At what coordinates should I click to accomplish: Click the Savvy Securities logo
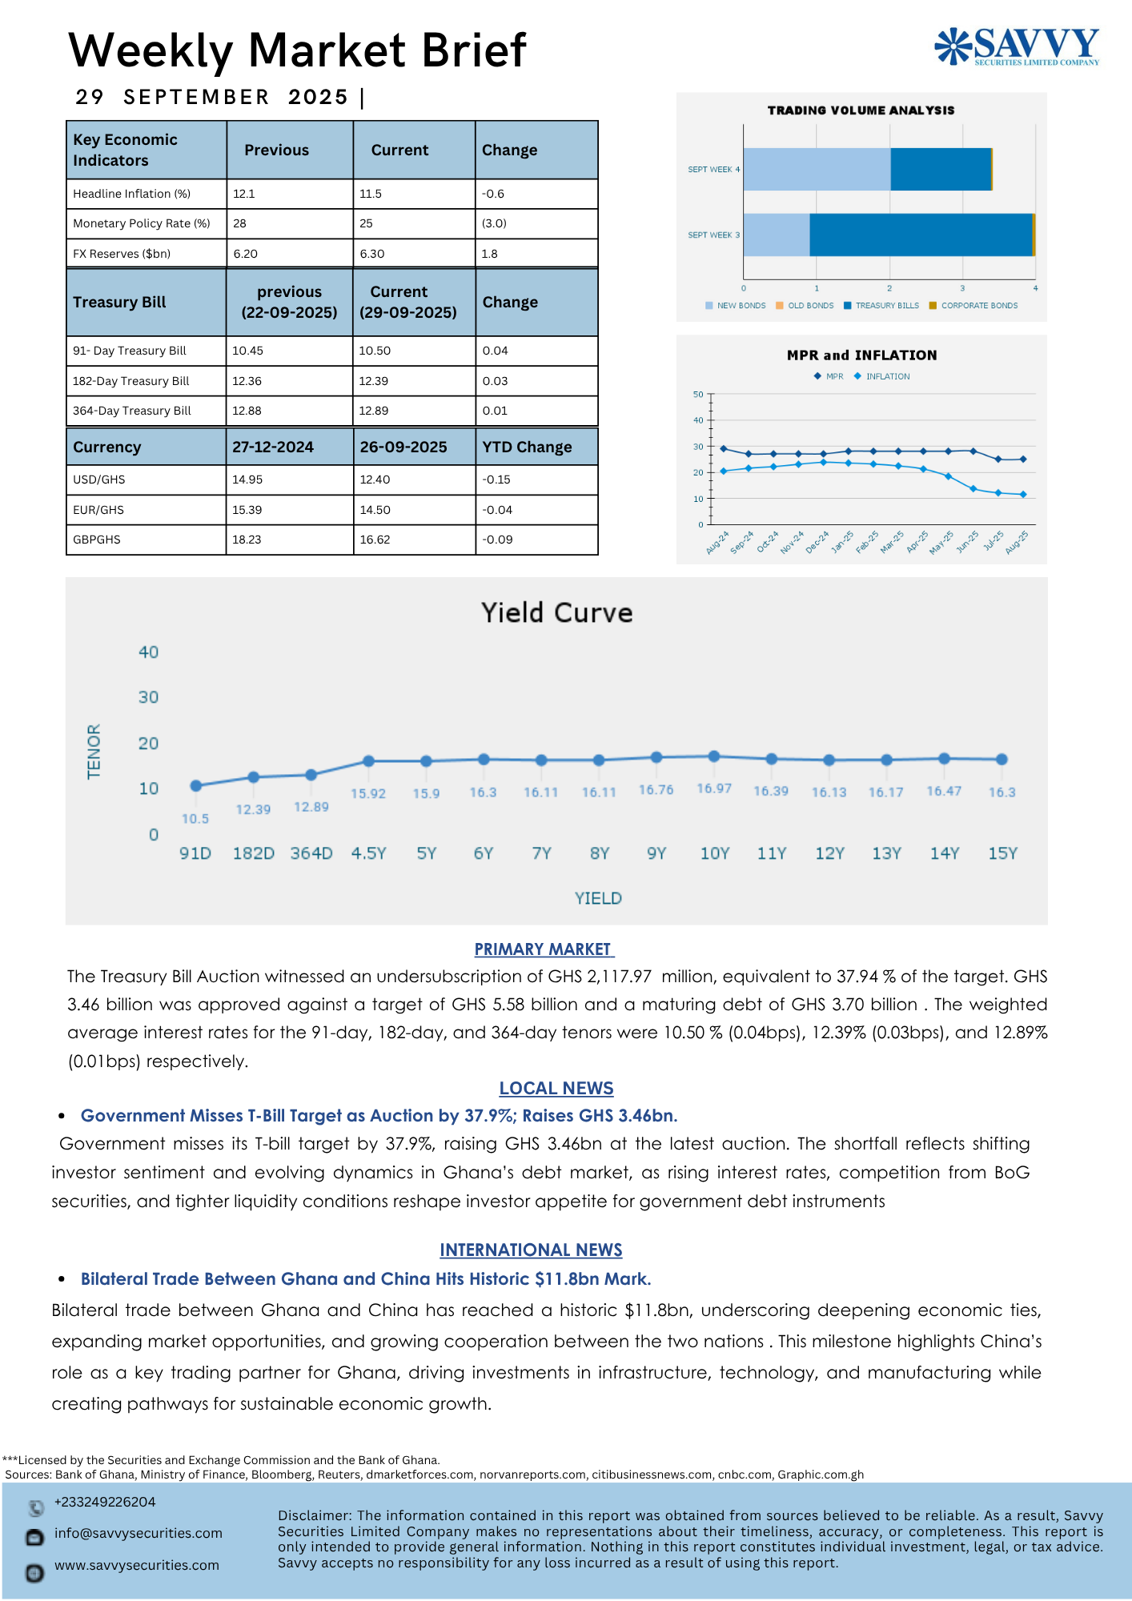point(1017,46)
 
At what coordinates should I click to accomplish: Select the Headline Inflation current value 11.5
point(371,194)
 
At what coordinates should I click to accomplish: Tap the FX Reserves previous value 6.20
point(245,254)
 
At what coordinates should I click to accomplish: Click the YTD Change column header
point(527,447)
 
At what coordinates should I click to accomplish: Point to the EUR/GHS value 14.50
point(375,510)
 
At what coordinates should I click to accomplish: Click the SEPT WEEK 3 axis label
point(713,235)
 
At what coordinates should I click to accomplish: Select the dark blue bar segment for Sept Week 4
point(941,169)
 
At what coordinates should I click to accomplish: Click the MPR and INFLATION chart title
point(861,355)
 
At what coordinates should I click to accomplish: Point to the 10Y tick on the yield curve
point(714,853)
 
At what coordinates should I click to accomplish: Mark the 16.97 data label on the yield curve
point(714,788)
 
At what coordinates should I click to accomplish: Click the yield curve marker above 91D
point(195,785)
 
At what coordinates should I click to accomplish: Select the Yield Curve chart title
point(556,613)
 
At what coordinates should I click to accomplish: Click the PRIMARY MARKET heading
point(544,949)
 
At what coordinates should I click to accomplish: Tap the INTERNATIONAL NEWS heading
point(531,1250)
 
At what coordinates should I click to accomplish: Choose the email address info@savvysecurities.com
point(138,1533)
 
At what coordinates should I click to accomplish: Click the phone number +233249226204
point(105,1502)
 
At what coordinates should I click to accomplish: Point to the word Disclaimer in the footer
point(315,1515)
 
